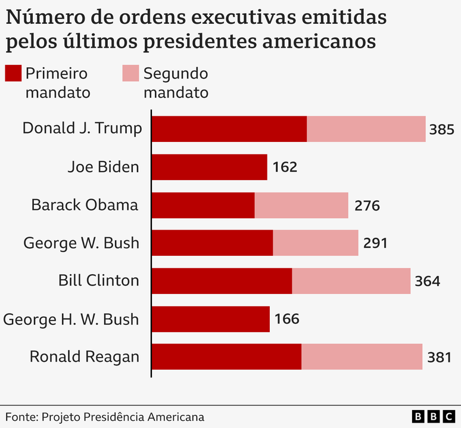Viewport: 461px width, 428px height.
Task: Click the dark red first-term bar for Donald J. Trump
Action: pyautogui.click(x=229, y=129)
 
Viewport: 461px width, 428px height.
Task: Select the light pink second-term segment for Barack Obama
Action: pyautogui.click(x=301, y=205)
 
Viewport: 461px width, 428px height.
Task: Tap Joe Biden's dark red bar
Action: pyautogui.click(x=209, y=167)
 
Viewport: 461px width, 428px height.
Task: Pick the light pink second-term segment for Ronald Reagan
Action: pyautogui.click(x=362, y=356)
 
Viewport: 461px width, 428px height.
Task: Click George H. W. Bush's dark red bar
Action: pyautogui.click(x=211, y=319)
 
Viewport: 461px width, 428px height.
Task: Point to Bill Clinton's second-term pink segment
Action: pyautogui.click(x=351, y=281)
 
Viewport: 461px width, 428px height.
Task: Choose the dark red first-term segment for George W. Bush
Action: pyautogui.click(x=212, y=243)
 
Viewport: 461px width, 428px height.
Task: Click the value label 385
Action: pyautogui.click(x=441, y=129)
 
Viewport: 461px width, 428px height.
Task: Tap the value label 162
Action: pyautogui.click(x=285, y=168)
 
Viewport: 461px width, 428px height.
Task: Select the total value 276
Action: pyautogui.click(x=366, y=206)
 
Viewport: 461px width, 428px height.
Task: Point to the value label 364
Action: pyautogui.click(x=428, y=281)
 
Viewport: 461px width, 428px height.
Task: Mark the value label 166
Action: pyautogui.click(x=286, y=320)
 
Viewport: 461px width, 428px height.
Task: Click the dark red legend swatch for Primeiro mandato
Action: pyautogui.click(x=13, y=73)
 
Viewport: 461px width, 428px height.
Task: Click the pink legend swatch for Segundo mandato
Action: pyautogui.click(x=130, y=73)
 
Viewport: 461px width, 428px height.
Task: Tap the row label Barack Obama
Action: pyautogui.click(x=85, y=205)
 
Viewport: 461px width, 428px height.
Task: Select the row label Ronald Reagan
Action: pyautogui.click(x=85, y=356)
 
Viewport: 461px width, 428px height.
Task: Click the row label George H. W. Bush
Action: pyautogui.click(x=71, y=319)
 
